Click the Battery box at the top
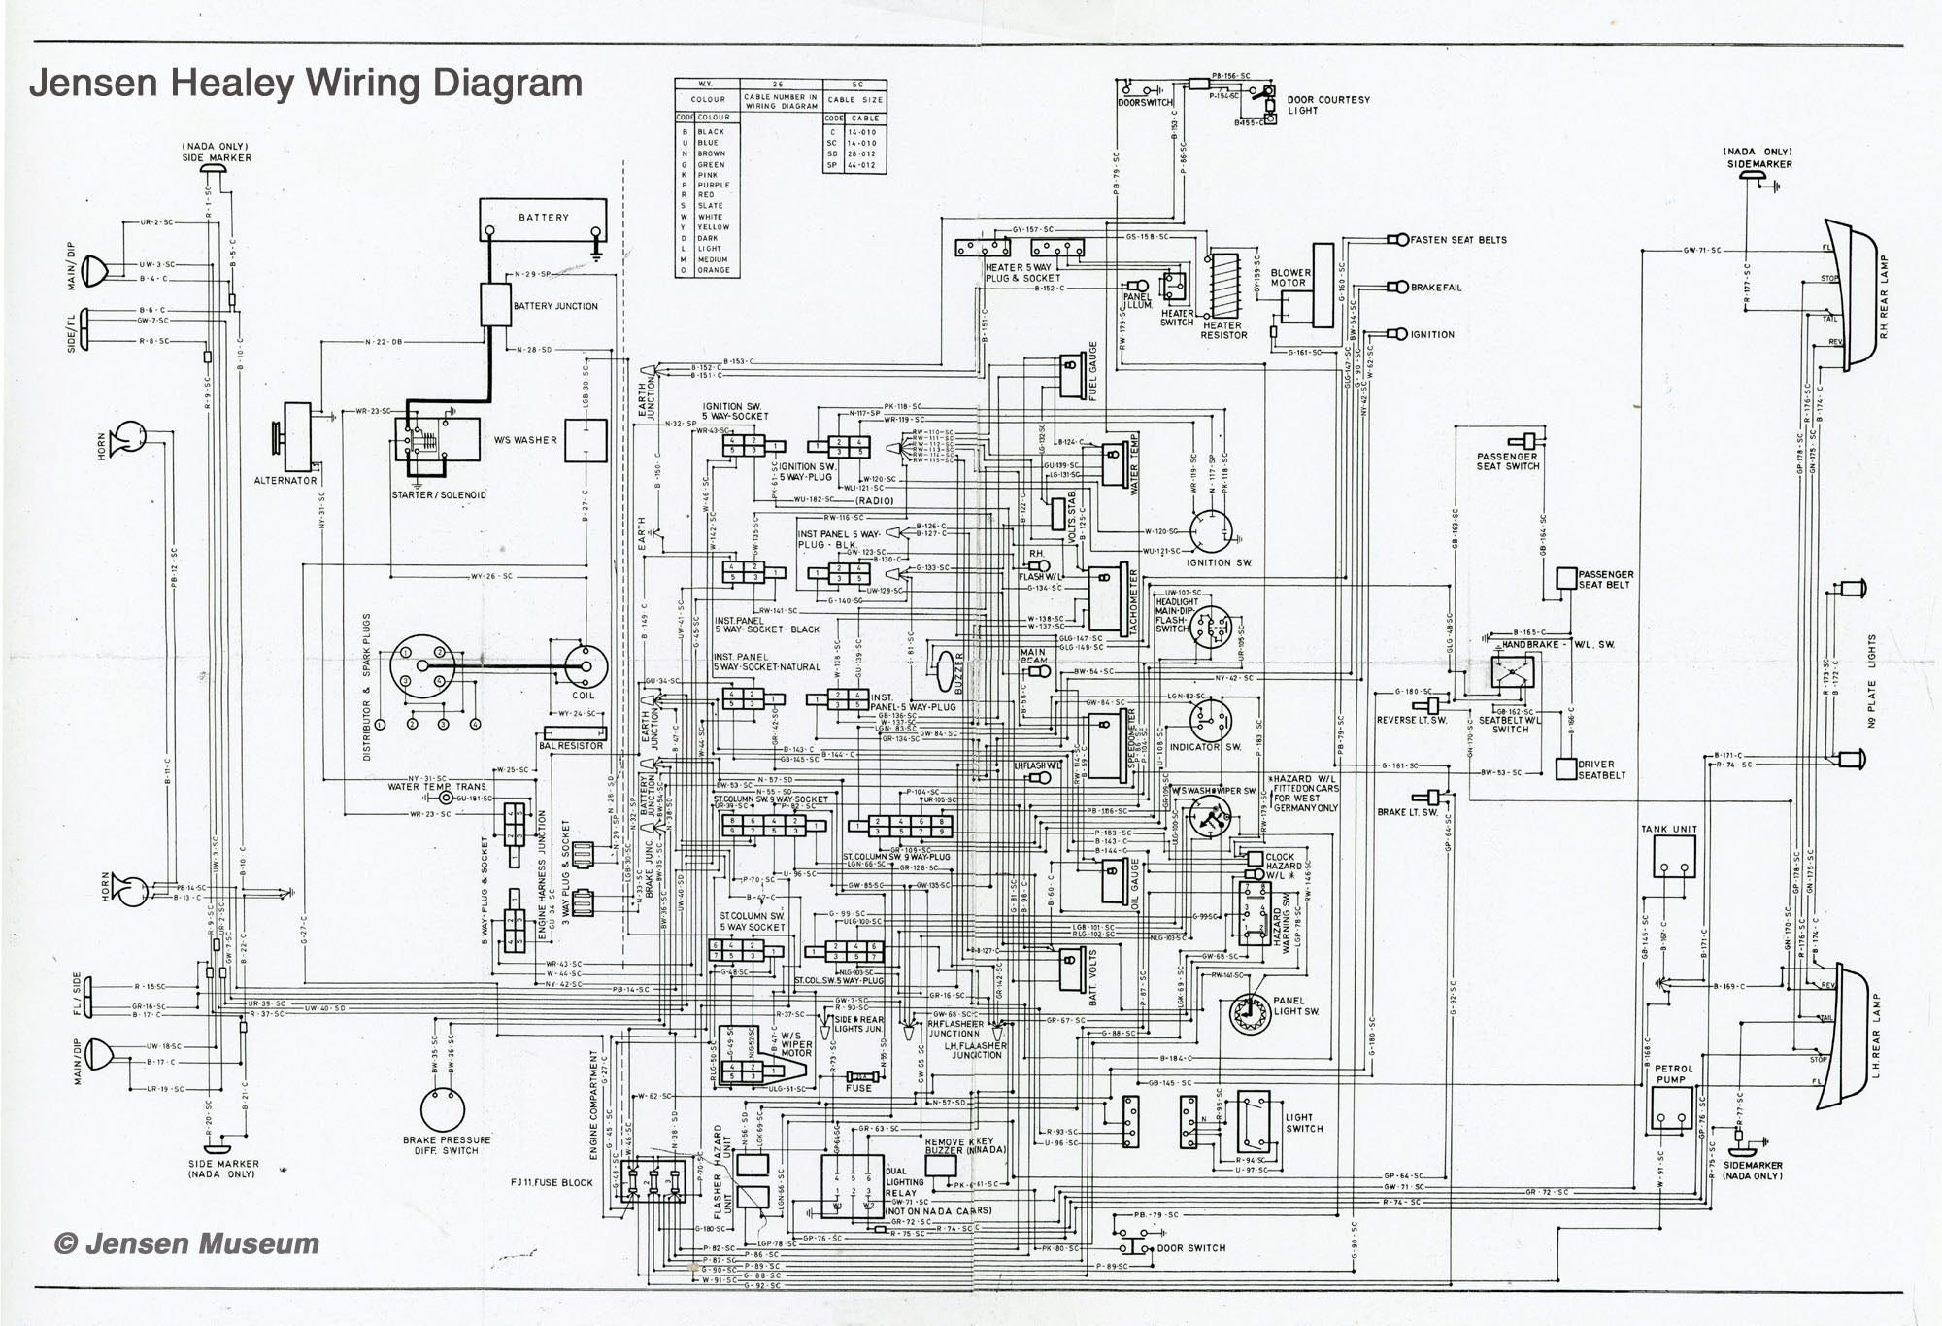pos(543,219)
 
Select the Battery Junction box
pos(496,305)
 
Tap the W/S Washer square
pos(586,440)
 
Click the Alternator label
pos(285,481)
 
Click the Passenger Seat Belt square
pos(1566,578)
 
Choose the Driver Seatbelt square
pos(1565,767)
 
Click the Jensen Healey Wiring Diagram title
pos(306,83)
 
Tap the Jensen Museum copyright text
pos(186,1243)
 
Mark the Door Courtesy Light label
pos(1327,105)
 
